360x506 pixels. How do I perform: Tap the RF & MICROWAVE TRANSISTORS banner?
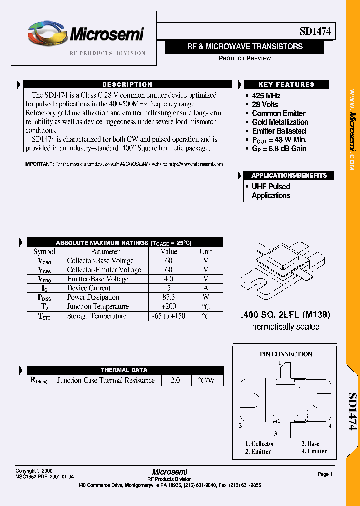tap(245, 47)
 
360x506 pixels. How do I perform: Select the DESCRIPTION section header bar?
tap(127, 85)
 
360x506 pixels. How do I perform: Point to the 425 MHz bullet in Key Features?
tap(266, 96)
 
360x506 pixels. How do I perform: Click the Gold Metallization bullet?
tap(280, 122)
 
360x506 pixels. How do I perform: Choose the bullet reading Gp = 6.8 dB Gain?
tap(279, 149)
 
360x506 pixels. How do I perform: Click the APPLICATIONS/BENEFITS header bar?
tap(289, 176)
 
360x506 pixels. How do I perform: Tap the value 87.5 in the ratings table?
tap(169, 297)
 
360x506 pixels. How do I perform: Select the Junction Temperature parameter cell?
tap(98, 307)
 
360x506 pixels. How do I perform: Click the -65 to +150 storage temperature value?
tap(169, 316)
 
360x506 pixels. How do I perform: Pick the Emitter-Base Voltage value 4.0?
tap(169, 279)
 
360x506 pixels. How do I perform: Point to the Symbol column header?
tap(44, 252)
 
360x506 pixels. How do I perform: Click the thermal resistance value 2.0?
tap(175, 381)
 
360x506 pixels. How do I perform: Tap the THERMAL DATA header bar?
tap(124, 370)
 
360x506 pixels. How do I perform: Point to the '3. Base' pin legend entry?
tap(310, 444)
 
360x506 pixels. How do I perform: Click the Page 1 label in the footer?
tap(324, 474)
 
